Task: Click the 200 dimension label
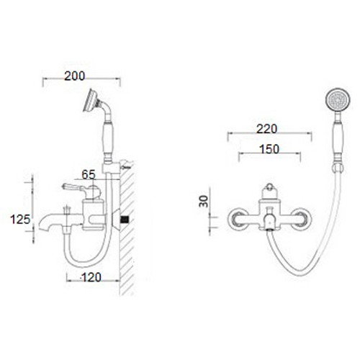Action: click(75, 76)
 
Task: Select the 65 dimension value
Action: click(89, 174)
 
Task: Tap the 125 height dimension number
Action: click(20, 219)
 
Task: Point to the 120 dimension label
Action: click(91, 277)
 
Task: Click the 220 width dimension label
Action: click(266, 129)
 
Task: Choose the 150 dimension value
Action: click(269, 149)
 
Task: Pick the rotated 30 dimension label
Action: click(204, 201)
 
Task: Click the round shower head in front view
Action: click(338, 100)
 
